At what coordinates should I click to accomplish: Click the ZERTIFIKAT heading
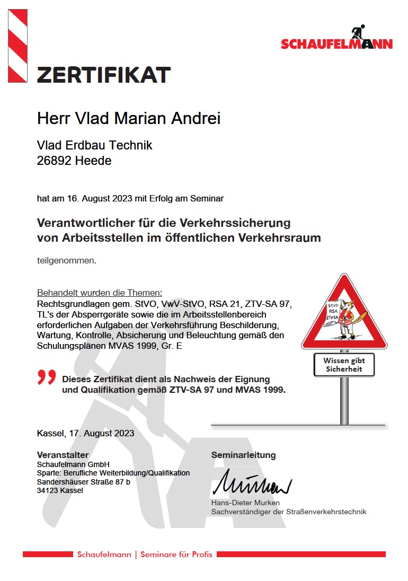(104, 75)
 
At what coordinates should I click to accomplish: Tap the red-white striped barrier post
(17, 46)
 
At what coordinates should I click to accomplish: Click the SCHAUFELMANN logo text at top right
(336, 44)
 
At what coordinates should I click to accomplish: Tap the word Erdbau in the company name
(87, 145)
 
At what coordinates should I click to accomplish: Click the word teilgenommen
(66, 260)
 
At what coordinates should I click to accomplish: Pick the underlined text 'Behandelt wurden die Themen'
(99, 293)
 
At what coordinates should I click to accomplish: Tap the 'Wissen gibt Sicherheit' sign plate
(344, 365)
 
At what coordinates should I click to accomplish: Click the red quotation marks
(47, 377)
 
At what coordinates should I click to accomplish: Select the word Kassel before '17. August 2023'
(51, 433)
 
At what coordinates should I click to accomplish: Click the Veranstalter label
(63, 455)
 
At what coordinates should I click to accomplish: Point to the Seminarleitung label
(243, 455)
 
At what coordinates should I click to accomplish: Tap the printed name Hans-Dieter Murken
(245, 503)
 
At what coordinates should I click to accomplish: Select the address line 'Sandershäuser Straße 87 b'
(83, 482)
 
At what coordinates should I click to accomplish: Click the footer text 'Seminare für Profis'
(177, 554)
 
